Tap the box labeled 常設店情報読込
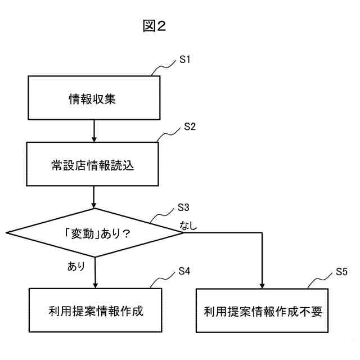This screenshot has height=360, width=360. (x=93, y=166)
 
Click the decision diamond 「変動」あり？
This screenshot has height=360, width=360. (x=94, y=233)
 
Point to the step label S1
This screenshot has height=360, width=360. (x=184, y=59)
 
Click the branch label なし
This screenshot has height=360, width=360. (x=190, y=226)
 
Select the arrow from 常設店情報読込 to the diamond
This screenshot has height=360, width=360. (x=93, y=196)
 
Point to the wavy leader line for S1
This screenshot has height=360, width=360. (x=165, y=68)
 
